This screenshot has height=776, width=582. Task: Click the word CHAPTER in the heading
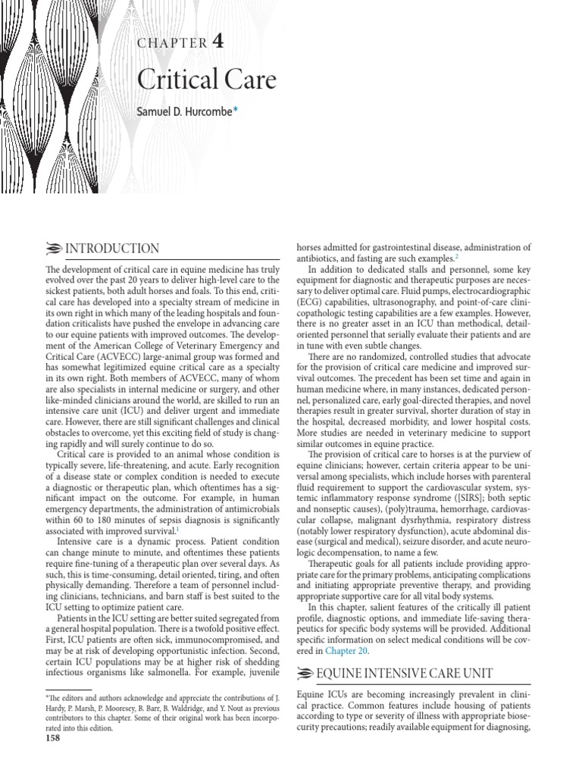click(x=171, y=43)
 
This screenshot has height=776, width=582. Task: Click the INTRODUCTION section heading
click(x=112, y=249)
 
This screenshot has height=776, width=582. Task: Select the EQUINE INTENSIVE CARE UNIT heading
click(x=405, y=672)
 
